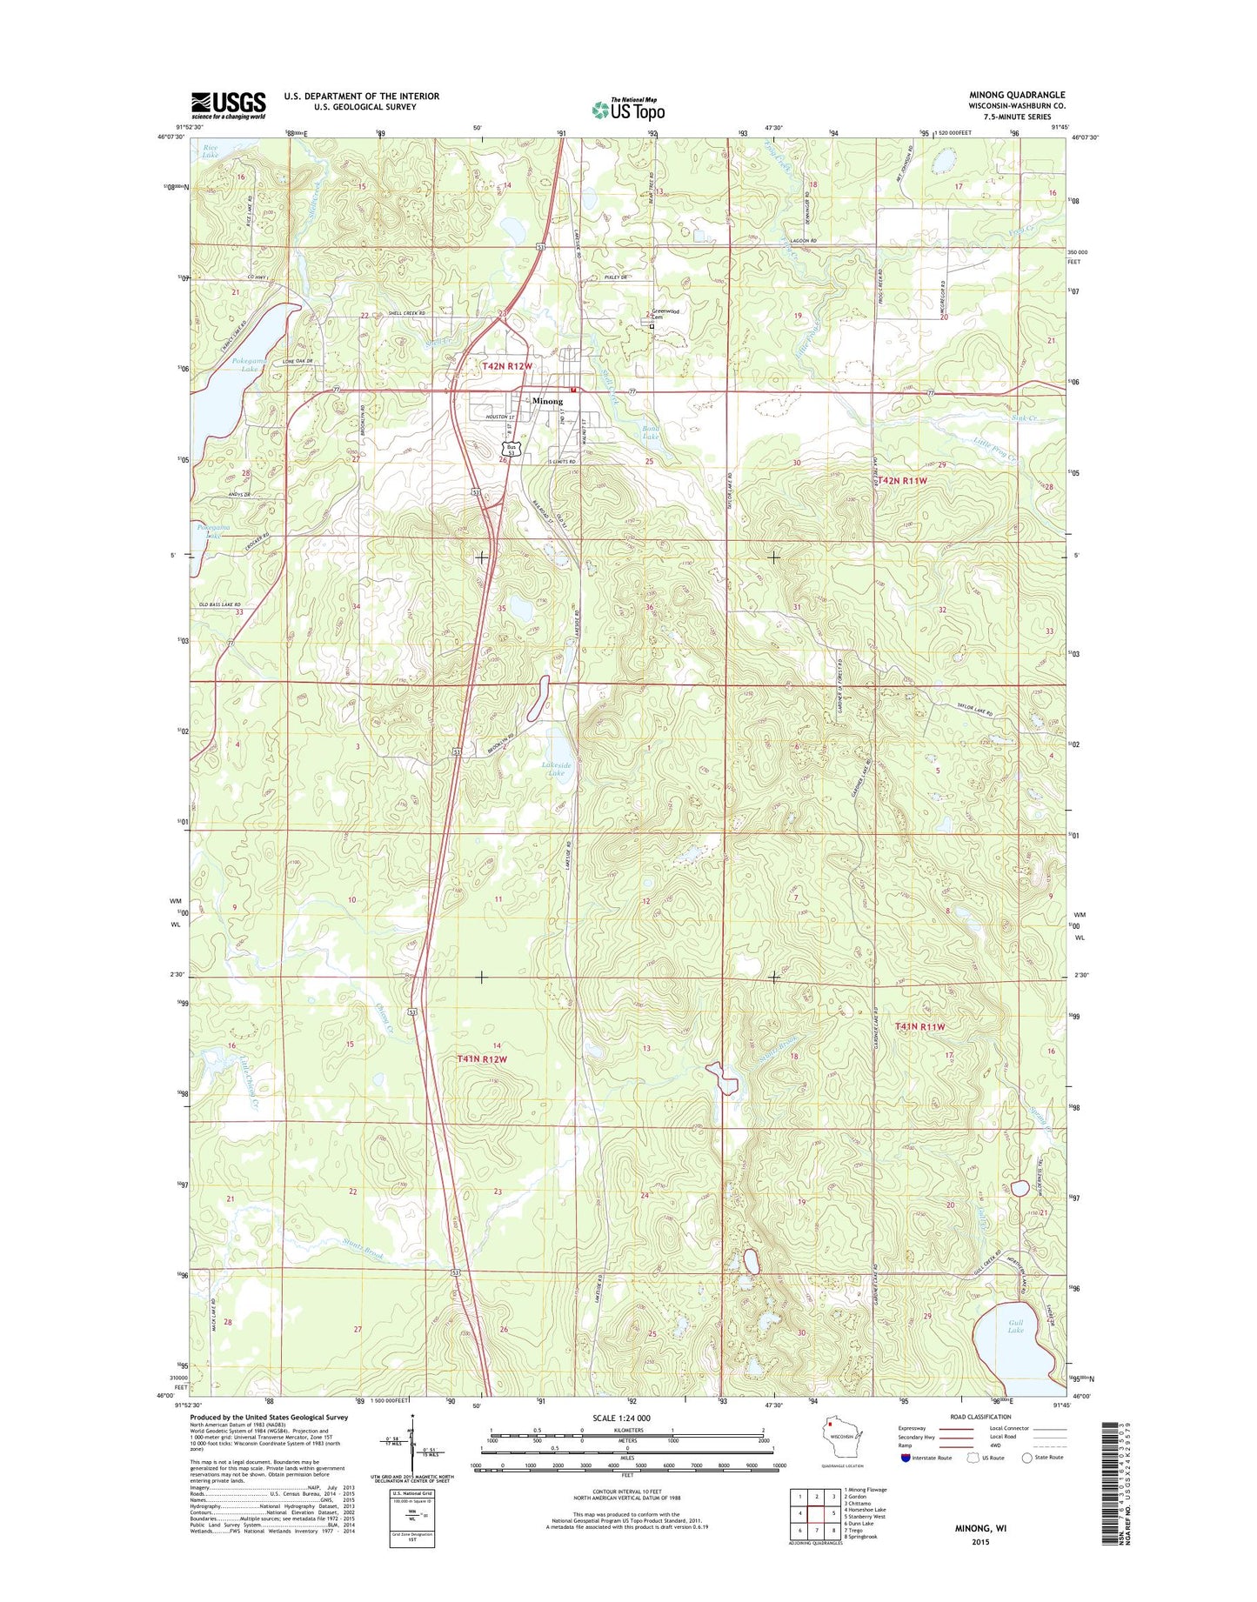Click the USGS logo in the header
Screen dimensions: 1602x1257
click(x=228, y=105)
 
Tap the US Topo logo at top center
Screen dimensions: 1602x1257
click(x=628, y=109)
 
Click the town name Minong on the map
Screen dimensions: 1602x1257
click(x=547, y=401)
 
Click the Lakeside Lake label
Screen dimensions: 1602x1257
click(x=556, y=768)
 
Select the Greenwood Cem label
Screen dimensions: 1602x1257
click(x=665, y=313)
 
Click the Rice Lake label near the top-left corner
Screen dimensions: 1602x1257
click(x=211, y=150)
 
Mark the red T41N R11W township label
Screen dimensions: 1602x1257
click(x=919, y=1026)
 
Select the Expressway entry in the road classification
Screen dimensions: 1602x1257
click(x=919, y=1428)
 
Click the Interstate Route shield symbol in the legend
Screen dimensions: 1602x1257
click(x=906, y=1457)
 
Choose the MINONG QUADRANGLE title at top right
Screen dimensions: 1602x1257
click(x=1016, y=95)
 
